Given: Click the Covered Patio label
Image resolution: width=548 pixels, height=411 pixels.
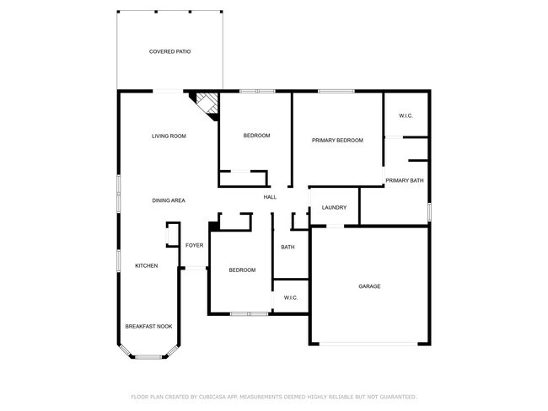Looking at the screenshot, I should coord(169,51).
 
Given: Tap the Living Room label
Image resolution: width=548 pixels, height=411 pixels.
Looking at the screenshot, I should coord(169,136).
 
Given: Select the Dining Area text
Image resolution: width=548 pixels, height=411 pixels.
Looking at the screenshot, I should coord(169,200).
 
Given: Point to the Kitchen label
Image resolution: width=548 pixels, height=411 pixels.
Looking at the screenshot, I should coord(147,266).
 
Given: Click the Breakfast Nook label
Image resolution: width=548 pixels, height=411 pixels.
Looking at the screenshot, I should coord(148,326).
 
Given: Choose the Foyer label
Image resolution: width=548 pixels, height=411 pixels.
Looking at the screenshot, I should coord(195,245).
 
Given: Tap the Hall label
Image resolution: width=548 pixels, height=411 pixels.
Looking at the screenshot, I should coord(270,197).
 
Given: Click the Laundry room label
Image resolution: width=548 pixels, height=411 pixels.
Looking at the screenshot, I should coord(335,207).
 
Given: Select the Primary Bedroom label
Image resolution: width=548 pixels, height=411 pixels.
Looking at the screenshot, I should coord(337,141).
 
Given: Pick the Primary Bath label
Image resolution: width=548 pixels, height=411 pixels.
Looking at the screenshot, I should coord(405,180).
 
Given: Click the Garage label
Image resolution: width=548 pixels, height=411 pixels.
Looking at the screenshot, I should coord(369,286).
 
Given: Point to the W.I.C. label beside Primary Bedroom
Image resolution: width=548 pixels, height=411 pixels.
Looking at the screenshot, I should coord(406,115).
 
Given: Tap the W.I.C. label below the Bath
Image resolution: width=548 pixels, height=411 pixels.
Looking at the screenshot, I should coord(291,297).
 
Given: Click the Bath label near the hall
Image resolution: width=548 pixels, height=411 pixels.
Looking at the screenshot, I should coord(287,247).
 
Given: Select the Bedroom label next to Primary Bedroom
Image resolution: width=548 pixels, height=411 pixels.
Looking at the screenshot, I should coord(256,136).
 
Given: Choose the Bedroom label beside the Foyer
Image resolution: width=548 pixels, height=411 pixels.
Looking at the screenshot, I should coord(242,270).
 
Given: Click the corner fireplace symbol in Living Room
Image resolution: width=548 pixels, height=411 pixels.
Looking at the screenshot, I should coord(207,104).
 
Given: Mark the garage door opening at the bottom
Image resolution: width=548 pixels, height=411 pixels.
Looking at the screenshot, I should coord(369,344).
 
